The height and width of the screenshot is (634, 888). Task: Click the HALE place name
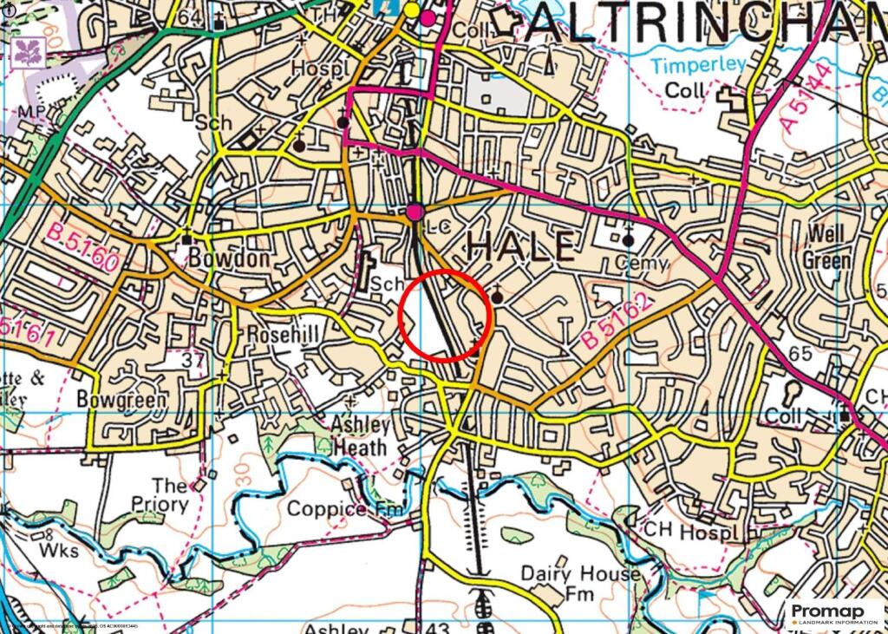pos(520,247)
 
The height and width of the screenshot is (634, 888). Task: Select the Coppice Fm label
pos(345,509)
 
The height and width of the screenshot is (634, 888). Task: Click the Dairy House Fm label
pos(581,584)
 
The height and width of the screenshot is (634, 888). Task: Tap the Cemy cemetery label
pos(643,263)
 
